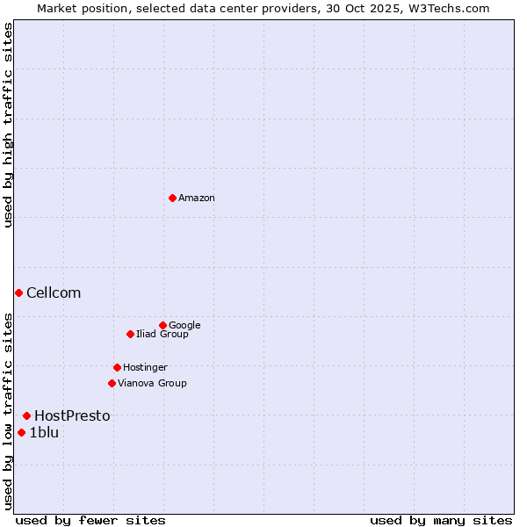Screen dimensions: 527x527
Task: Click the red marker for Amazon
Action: (172, 198)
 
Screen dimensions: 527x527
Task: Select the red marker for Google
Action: (162, 325)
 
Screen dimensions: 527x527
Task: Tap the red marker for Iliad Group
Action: (130, 334)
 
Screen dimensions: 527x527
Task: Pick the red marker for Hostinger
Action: (117, 367)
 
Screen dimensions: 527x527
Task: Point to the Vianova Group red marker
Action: (112, 383)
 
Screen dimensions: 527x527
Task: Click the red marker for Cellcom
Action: (18, 292)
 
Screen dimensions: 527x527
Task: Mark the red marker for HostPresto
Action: (26, 415)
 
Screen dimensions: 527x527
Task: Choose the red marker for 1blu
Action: (21, 432)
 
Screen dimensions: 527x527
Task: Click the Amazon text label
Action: (196, 199)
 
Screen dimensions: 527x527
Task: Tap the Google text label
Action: (184, 325)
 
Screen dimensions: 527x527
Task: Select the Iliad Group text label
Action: (162, 334)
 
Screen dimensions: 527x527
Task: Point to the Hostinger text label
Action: (145, 367)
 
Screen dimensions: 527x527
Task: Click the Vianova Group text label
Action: (152, 383)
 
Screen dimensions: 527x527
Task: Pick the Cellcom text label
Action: (54, 293)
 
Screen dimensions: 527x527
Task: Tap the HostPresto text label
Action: (72, 416)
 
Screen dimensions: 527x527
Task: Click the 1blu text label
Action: (44, 432)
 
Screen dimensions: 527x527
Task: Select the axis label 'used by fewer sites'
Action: (90, 520)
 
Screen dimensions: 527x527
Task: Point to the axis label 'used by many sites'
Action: (441, 520)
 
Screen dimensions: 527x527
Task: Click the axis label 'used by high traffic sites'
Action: (8, 125)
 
